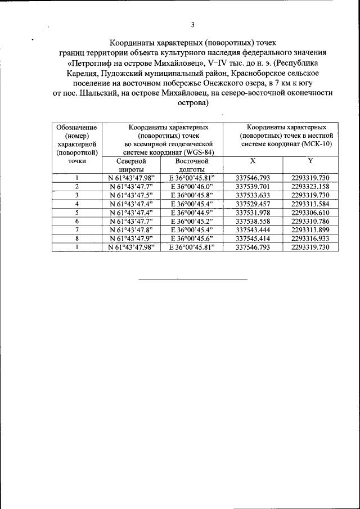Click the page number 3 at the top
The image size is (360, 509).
coord(192,24)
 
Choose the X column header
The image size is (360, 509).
coord(253,161)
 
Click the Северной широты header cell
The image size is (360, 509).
coord(131,165)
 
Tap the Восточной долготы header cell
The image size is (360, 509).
coord(192,165)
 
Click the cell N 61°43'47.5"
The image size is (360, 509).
coord(131,195)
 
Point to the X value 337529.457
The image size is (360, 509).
coord(253,203)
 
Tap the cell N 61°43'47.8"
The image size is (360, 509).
coord(131,229)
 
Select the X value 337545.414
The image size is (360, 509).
coord(253,238)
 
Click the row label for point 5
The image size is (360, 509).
coord(76,212)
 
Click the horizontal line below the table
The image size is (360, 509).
coord(192,278)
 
